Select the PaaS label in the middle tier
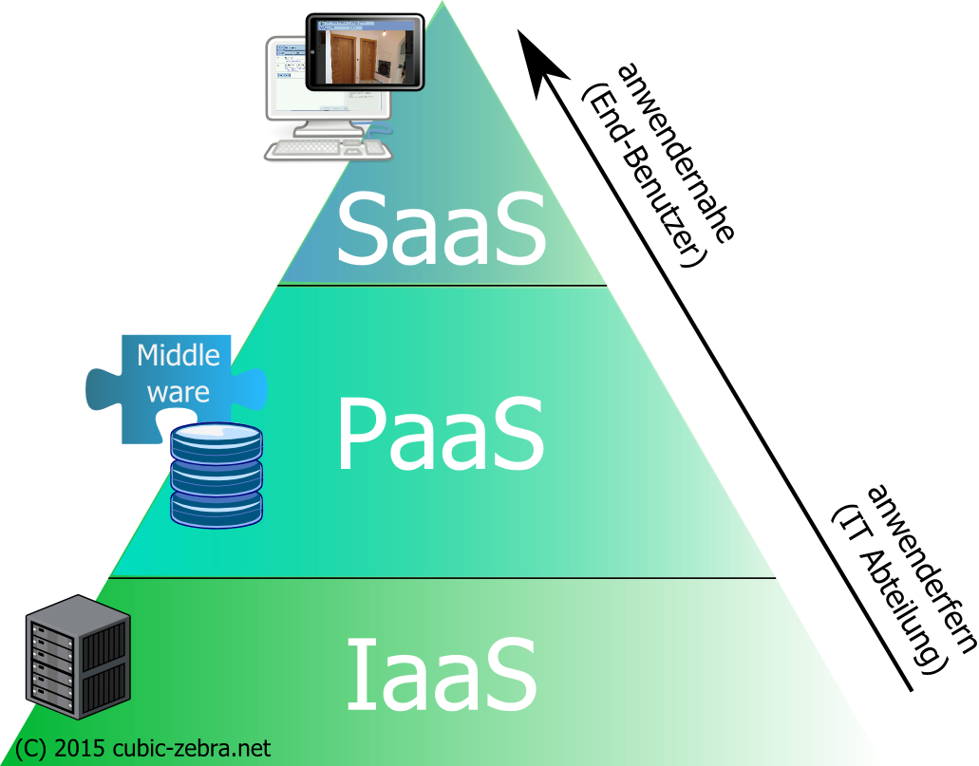tap(440, 435)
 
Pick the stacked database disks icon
tap(217, 475)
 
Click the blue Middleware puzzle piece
tap(177, 384)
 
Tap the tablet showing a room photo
tap(366, 51)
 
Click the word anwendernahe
tap(675, 152)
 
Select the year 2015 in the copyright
tap(73, 748)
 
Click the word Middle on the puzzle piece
tap(179, 356)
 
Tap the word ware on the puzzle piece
tap(178, 391)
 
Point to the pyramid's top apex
tap(442, 4)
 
